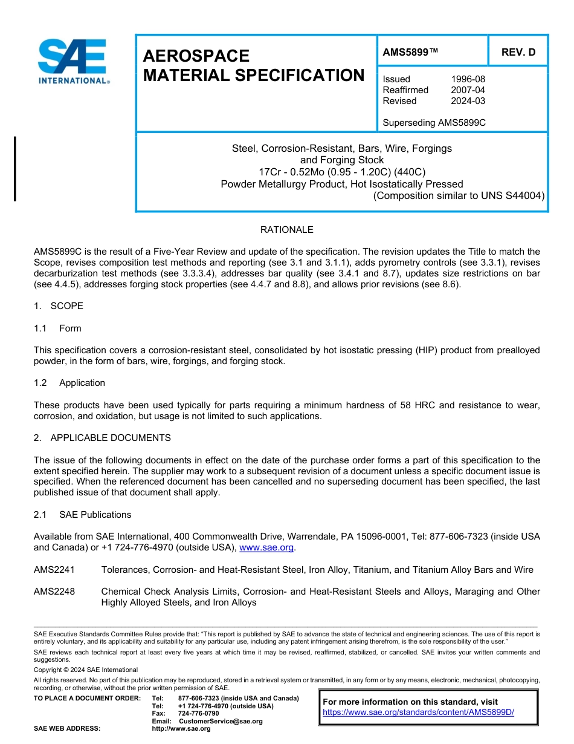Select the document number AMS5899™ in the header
pos(410,52)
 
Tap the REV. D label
pos(518,52)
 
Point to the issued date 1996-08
pos(468,79)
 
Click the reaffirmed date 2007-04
pos(468,90)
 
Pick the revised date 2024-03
pos(468,101)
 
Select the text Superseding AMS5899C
pos(434,123)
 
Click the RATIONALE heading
pos(286,230)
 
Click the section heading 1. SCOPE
pos(59,306)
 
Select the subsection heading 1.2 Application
pos(69,383)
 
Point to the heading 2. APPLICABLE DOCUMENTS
pos(102,438)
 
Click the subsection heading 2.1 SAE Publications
pos(83,515)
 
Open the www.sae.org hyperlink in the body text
pos(266,547)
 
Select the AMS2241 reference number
pos(54,570)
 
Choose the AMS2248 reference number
pos(54,592)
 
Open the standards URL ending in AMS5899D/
pos(418,713)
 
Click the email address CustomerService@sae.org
pos(221,721)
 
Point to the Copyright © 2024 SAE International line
pos(86,670)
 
